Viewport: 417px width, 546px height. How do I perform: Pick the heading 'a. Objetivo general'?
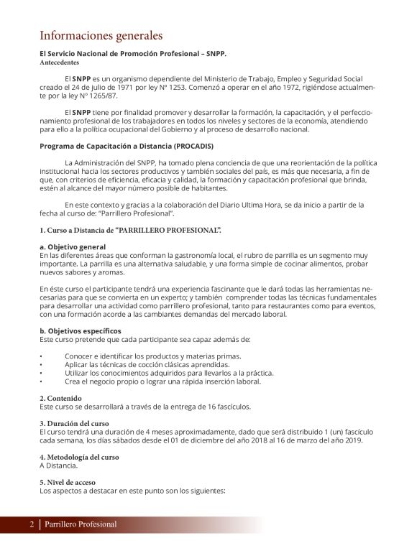click(73, 246)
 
